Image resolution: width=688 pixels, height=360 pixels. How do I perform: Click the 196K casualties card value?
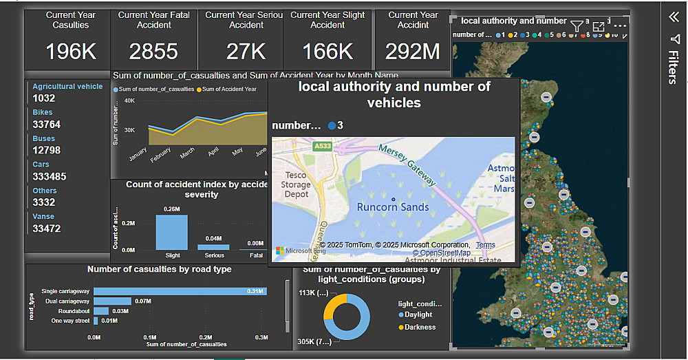click(71, 52)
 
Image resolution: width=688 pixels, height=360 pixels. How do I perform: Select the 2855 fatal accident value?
click(153, 52)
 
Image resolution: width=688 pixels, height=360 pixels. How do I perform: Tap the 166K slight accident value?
click(327, 52)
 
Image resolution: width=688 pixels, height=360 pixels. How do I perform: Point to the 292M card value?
click(413, 52)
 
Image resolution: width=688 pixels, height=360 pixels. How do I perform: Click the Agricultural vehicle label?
click(67, 87)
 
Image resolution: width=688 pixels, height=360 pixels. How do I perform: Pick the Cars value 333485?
click(50, 177)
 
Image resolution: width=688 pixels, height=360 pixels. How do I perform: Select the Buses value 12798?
click(47, 150)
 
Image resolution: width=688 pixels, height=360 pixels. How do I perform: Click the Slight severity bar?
click(171, 232)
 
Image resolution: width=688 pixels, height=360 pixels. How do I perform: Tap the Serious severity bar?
click(213, 246)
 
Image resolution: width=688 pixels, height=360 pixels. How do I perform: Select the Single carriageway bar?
click(179, 291)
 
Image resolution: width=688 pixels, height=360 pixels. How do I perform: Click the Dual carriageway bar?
click(112, 301)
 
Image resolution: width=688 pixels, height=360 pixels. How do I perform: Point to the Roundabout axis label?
click(73, 311)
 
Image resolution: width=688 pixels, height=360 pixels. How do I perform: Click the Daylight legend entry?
click(418, 315)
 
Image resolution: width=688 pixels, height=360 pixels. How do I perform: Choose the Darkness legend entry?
click(420, 327)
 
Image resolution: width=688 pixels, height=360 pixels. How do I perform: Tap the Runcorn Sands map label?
click(393, 207)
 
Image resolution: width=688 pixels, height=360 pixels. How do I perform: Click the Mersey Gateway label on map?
click(409, 166)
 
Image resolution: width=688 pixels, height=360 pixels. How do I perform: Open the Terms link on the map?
click(485, 245)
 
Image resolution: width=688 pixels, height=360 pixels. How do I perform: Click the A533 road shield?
click(321, 147)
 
